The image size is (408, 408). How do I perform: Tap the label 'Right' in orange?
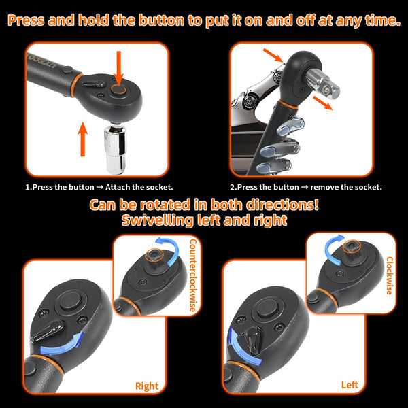tap(146, 386)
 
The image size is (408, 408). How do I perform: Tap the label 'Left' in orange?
tap(350, 385)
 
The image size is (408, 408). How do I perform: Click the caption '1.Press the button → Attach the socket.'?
tap(99, 187)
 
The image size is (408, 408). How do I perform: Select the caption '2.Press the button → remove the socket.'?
tap(305, 187)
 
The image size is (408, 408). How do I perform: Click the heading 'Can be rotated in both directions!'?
tap(204, 205)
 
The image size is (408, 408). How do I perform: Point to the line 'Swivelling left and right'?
tap(204, 220)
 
